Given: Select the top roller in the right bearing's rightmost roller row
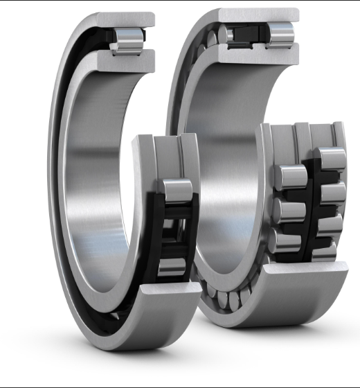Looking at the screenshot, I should (x=332, y=159).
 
